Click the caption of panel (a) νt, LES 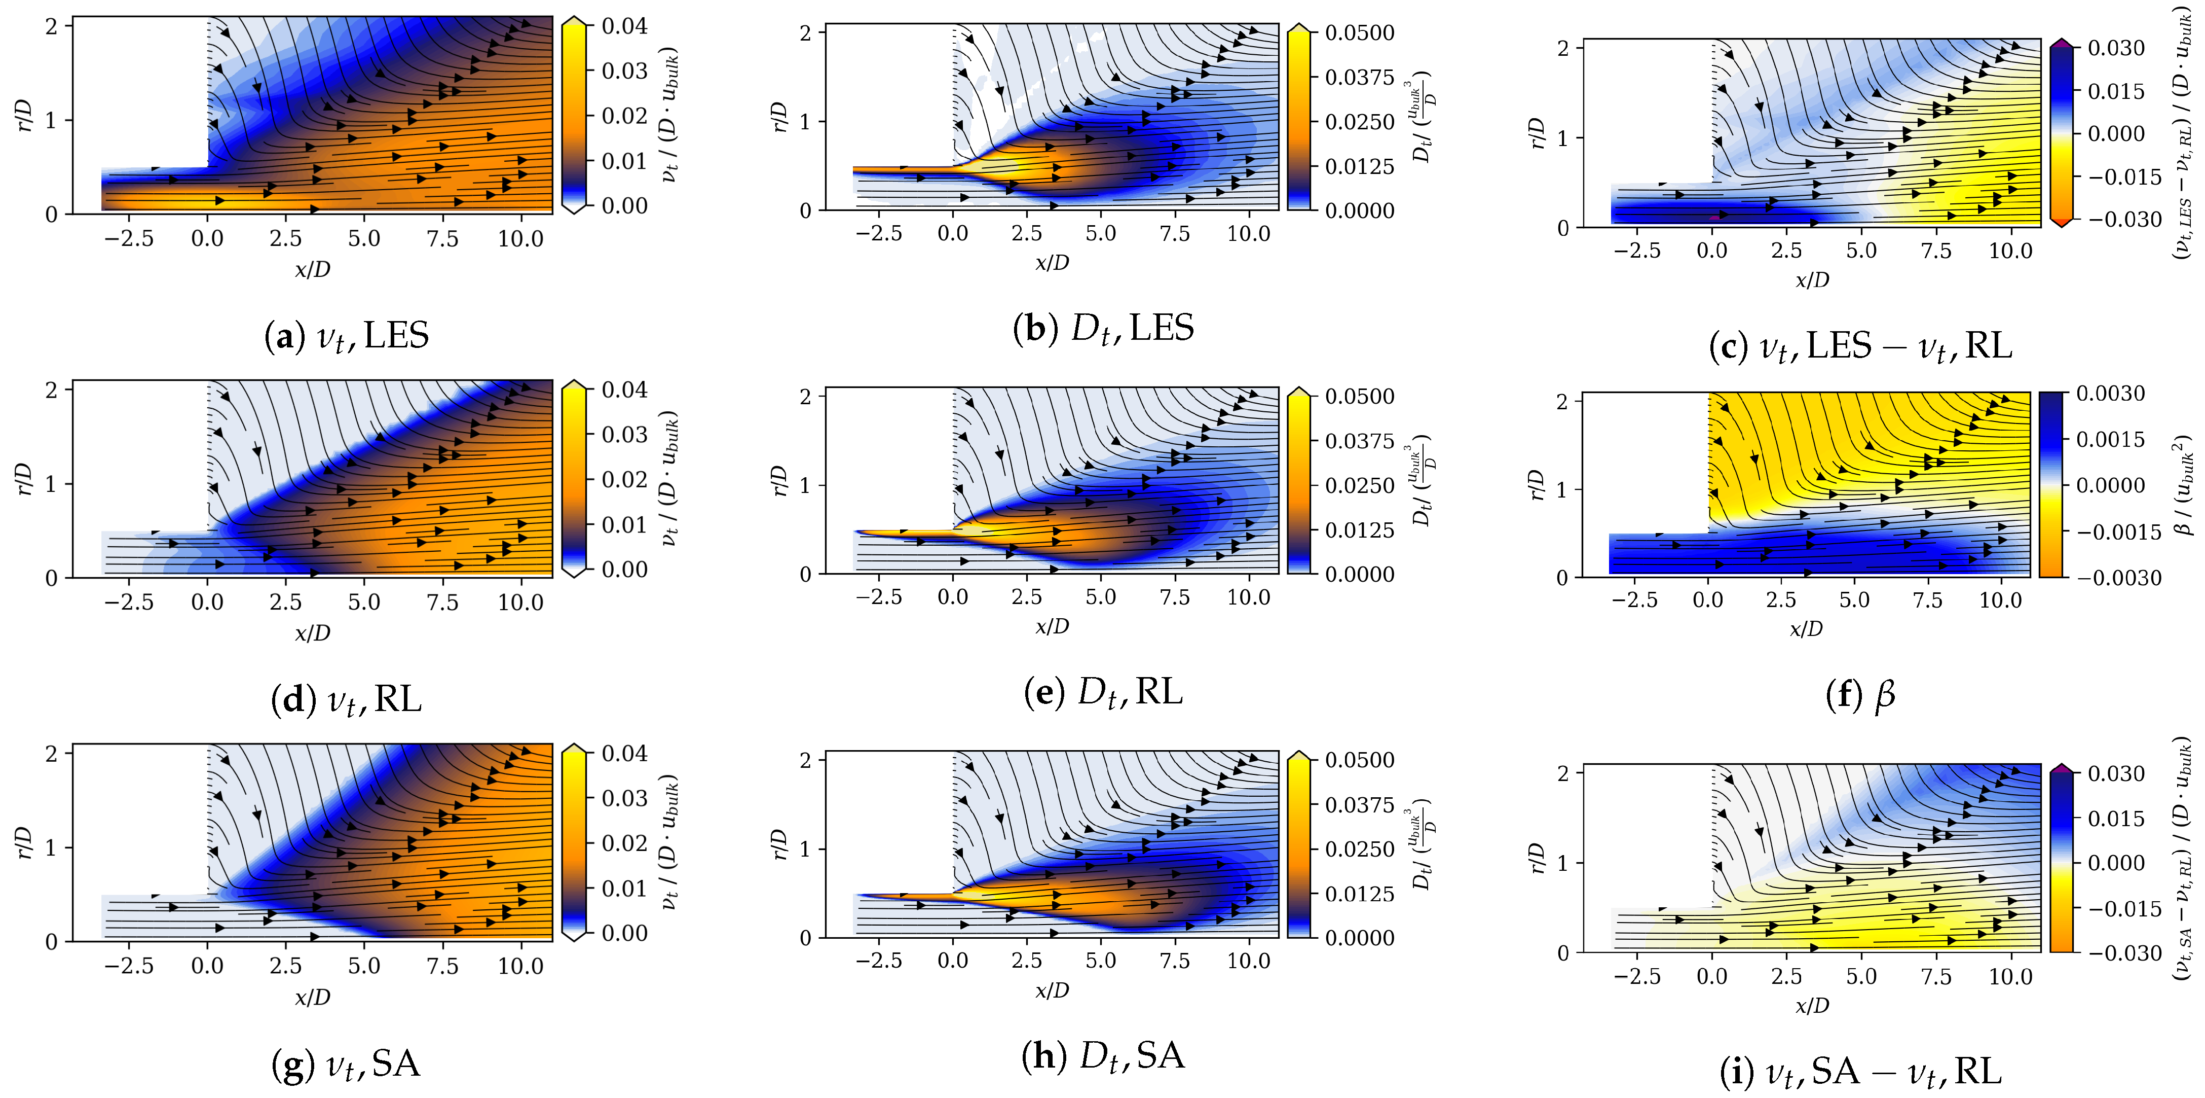[347, 336]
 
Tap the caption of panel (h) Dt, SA [1103, 1055]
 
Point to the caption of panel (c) [1860, 346]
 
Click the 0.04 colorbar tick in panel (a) [624, 26]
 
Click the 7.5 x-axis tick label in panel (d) [442, 602]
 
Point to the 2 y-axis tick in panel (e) [805, 397]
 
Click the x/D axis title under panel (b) [1052, 262]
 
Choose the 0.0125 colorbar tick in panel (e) [1359, 530]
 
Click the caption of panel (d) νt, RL [347, 700]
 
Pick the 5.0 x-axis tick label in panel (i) [1861, 976]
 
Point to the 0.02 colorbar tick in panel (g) [624, 843]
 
